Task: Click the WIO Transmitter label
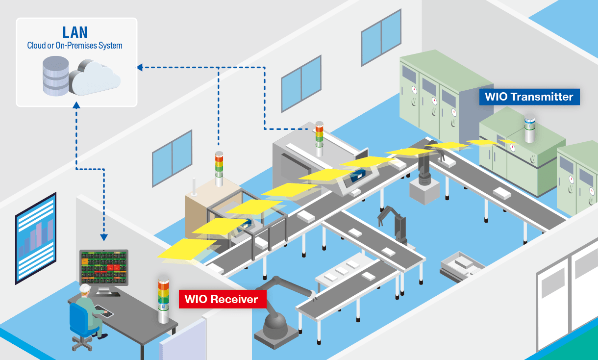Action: (529, 97)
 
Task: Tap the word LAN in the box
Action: (75, 32)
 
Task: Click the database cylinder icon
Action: (55, 76)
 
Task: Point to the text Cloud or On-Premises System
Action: (75, 46)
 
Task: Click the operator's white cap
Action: (85, 288)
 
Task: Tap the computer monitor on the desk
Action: (104, 269)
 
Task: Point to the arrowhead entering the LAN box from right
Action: (140, 67)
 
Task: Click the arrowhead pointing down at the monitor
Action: (104, 237)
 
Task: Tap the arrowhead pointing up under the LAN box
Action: (76, 104)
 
